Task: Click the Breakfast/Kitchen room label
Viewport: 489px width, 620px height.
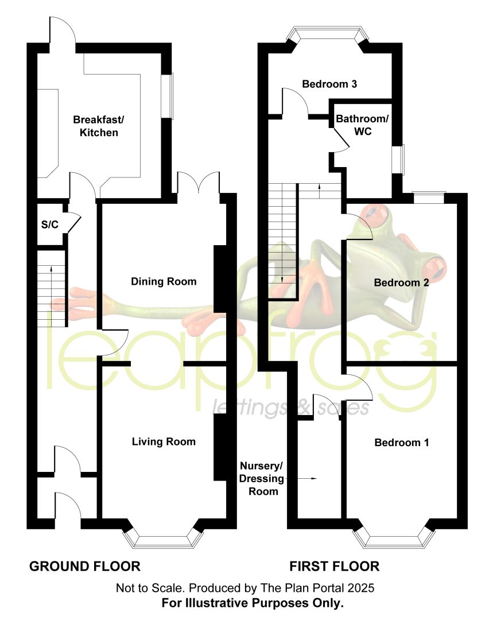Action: coord(99,126)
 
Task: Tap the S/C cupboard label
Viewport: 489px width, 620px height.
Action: coord(50,224)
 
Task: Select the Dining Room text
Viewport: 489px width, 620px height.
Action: coord(164,281)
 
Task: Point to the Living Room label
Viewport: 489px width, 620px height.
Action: coord(164,441)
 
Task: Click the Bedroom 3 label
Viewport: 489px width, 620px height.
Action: coord(329,84)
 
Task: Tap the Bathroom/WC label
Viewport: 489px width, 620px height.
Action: coord(362,125)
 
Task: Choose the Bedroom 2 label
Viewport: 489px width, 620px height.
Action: coord(401,282)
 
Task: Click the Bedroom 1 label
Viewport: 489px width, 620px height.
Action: coord(402,443)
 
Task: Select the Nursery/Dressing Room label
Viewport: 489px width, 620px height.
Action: coord(261,478)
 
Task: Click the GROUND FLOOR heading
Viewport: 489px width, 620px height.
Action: coord(85,566)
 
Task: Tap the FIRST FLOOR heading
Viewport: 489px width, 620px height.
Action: coord(335,566)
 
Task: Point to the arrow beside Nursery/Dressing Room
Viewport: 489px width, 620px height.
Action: coord(301,478)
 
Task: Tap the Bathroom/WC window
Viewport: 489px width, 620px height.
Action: coord(401,160)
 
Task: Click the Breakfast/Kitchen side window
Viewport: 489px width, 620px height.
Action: coord(169,96)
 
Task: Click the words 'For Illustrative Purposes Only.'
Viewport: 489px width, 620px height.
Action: coord(253,603)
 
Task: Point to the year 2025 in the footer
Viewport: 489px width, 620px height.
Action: coord(360,588)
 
